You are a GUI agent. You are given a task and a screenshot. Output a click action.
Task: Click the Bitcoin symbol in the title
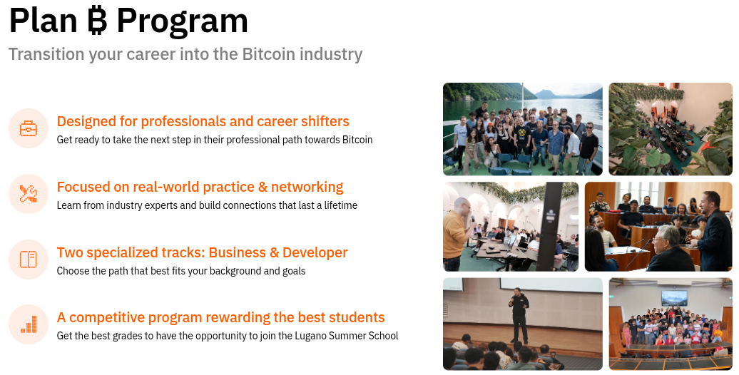click(96, 21)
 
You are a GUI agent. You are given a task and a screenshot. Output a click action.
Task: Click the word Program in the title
click(183, 21)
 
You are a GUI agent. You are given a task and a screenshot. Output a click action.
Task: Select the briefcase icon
click(29, 128)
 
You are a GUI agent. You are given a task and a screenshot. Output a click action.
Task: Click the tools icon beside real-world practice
click(29, 194)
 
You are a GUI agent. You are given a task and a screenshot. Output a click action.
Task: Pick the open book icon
click(29, 260)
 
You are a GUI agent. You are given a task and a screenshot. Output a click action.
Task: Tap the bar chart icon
click(29, 325)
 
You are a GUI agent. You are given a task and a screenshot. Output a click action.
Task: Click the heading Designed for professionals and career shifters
click(203, 121)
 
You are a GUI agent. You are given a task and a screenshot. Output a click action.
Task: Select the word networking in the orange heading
click(308, 187)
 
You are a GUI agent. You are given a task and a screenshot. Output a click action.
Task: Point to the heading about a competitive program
click(220, 318)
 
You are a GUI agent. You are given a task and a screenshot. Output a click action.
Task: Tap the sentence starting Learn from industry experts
click(207, 205)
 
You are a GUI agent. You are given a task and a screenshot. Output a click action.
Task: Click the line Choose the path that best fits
click(180, 271)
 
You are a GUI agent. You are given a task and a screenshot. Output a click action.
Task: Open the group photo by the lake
click(522, 129)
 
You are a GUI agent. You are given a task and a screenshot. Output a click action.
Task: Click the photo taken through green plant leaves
click(670, 129)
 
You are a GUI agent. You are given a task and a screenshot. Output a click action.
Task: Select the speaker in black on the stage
click(519, 314)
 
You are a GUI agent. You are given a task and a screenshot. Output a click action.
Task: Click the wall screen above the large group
click(674, 297)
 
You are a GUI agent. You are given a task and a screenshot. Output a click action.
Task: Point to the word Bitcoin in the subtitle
click(268, 54)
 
